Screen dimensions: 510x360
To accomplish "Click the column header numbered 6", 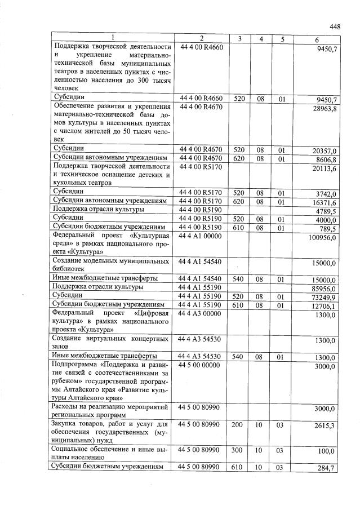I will point(317,38).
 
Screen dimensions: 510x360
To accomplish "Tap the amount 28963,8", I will point(325,109).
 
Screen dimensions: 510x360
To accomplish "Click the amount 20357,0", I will point(325,152).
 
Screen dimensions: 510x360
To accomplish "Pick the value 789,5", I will point(327,229).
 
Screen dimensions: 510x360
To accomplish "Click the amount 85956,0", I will point(324,289).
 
